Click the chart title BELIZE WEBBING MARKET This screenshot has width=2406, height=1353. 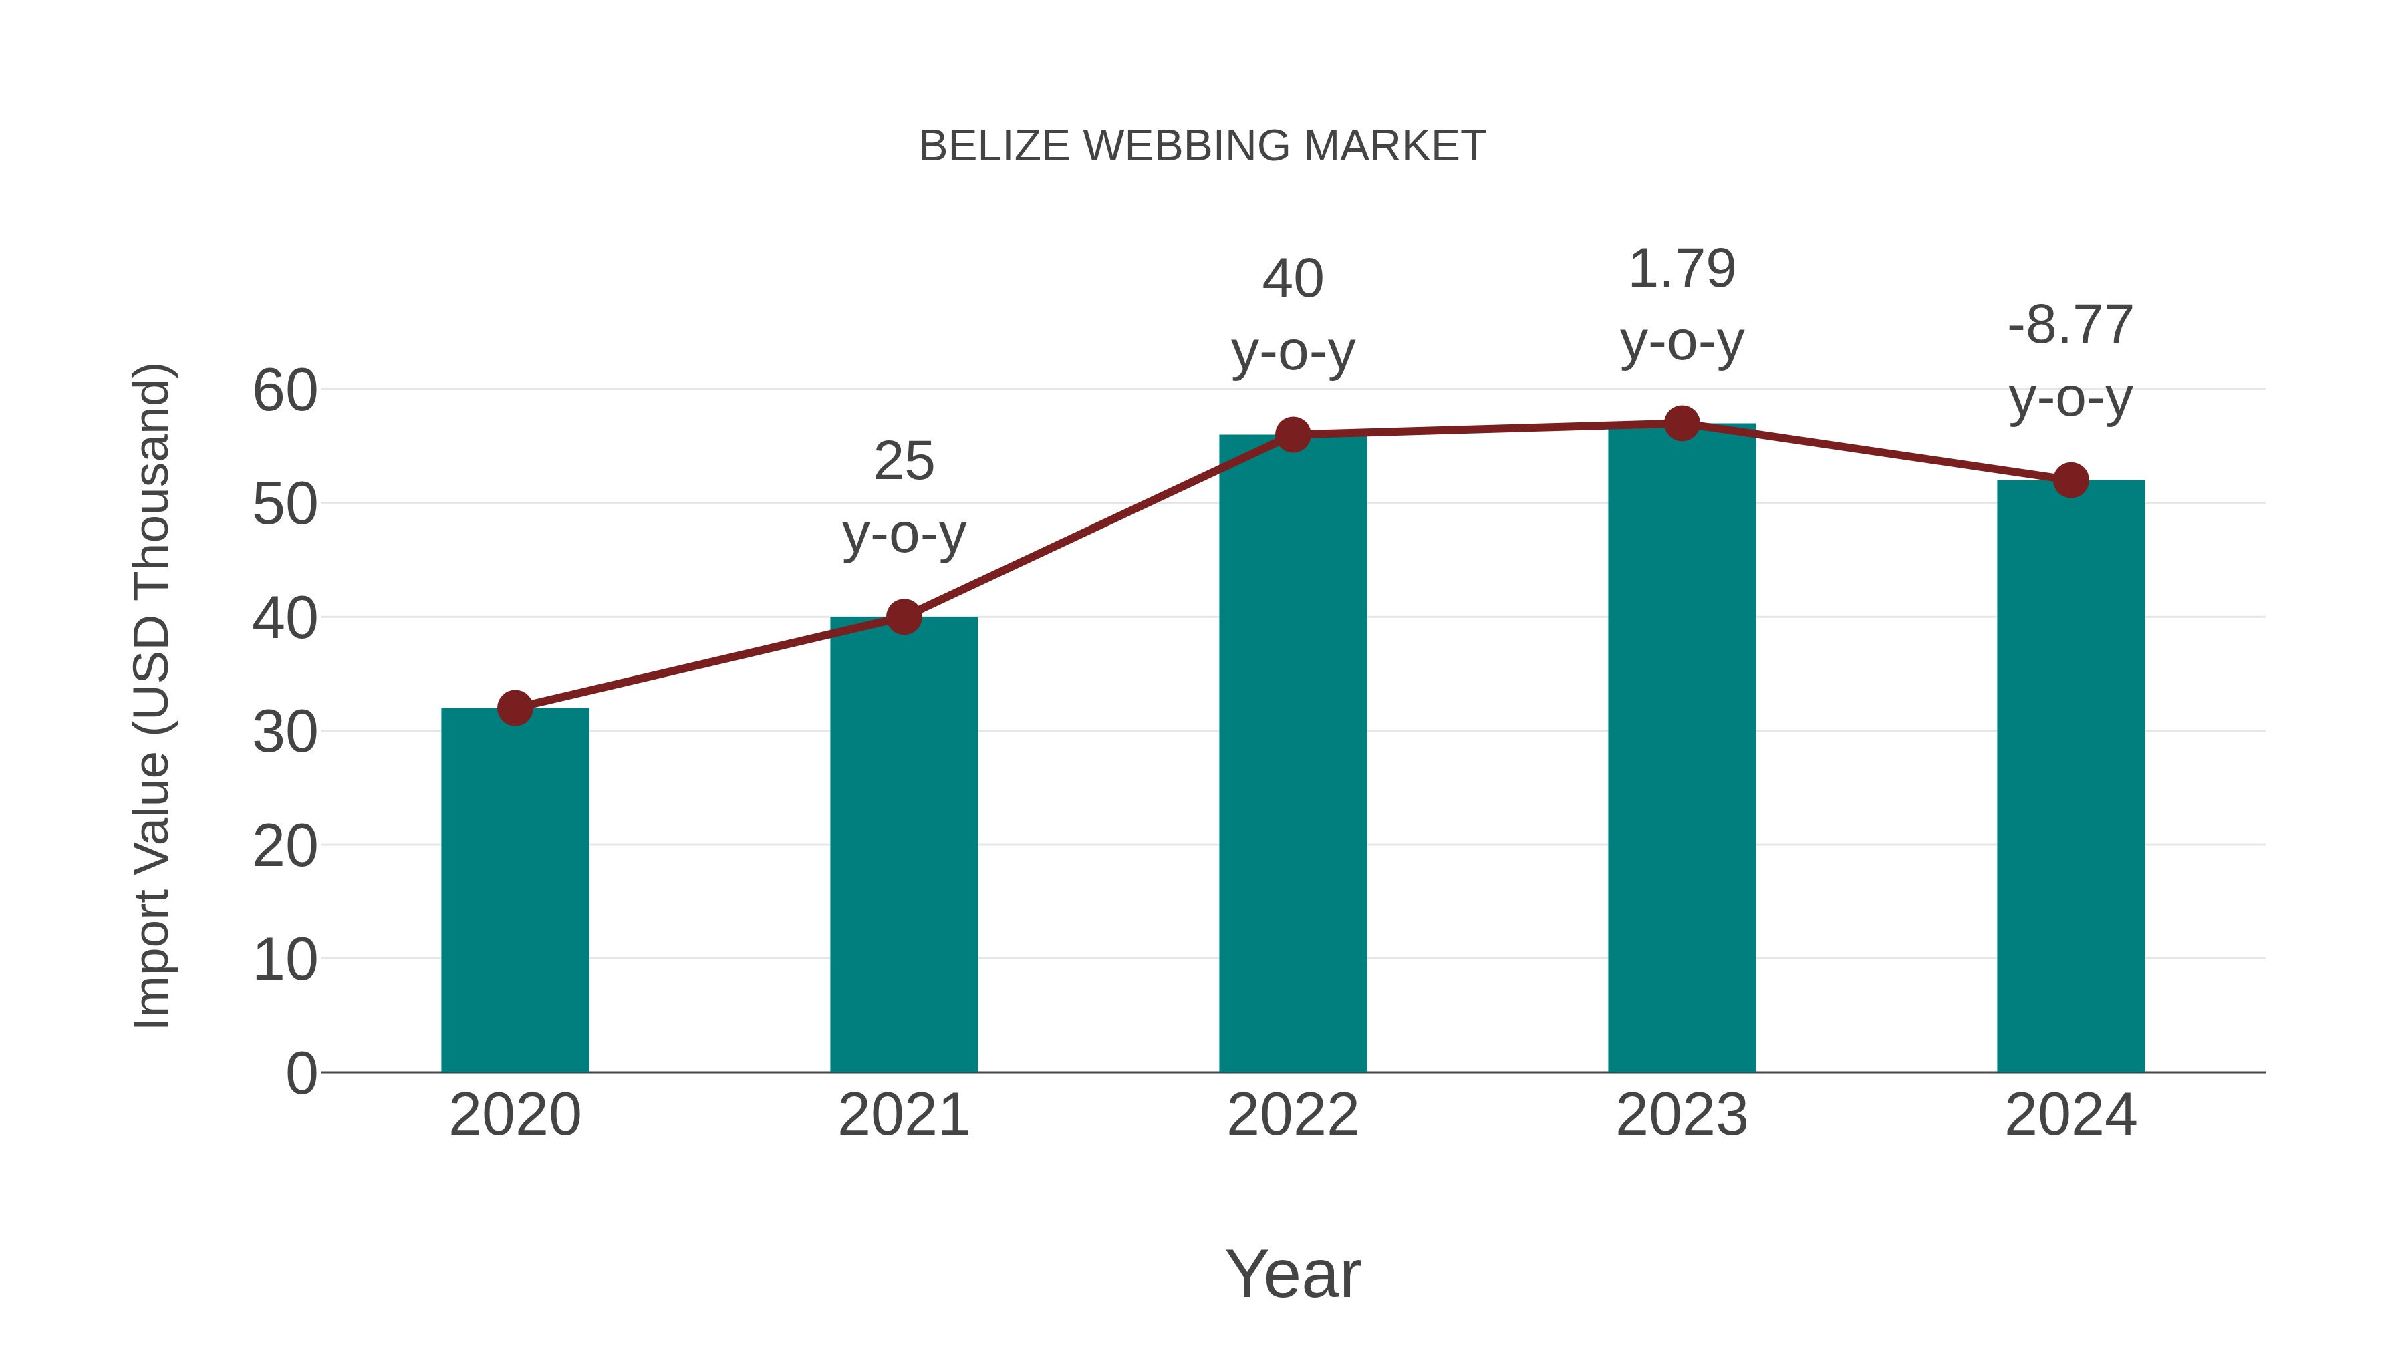tap(1202, 146)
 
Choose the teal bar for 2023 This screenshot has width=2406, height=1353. tap(1682, 747)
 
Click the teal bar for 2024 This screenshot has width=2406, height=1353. tap(2070, 775)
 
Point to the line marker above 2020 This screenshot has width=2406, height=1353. tap(515, 708)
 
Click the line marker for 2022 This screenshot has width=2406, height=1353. tap(1293, 434)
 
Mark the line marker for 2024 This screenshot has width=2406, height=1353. tap(2070, 480)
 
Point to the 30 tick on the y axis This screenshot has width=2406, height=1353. tap(285, 732)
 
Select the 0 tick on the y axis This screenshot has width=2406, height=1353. tap(301, 1073)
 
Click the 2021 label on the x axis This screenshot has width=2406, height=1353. tap(903, 1115)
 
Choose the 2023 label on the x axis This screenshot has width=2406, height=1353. tap(1682, 1115)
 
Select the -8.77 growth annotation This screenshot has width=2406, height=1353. tap(2070, 325)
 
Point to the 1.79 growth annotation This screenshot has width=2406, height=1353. tap(1682, 269)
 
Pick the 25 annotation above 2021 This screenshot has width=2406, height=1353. tap(903, 461)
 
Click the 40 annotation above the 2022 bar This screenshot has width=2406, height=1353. tap(1293, 278)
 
